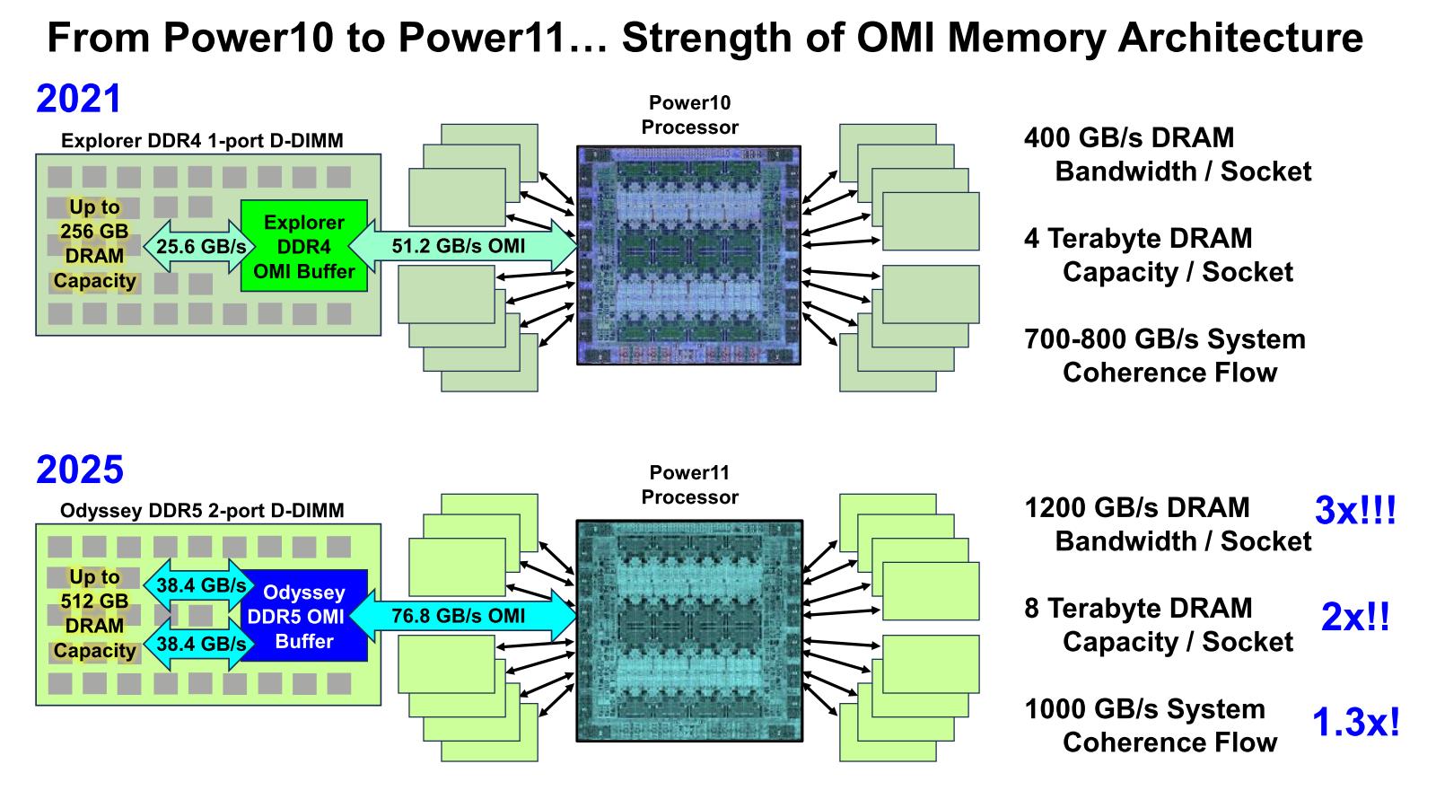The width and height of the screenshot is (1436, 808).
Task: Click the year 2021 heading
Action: coord(78,99)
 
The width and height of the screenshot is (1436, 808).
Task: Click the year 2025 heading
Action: coord(79,470)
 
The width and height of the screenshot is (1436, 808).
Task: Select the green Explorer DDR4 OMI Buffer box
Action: coord(304,246)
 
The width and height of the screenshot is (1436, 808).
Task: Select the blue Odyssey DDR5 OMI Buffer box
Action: coord(304,616)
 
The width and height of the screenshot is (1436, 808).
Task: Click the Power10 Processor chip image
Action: coord(688,255)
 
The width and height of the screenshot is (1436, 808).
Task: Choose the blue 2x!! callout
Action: coord(1355,617)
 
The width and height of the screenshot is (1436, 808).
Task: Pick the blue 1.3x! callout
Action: coord(1355,722)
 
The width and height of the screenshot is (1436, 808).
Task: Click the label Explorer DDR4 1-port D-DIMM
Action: coord(202,141)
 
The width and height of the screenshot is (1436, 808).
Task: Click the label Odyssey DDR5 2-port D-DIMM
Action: coord(202,511)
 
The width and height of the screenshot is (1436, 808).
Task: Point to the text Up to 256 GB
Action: coord(94,219)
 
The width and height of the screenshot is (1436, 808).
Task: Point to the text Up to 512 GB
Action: coord(94,589)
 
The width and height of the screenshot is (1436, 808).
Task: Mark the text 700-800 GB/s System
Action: coord(1164,339)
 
